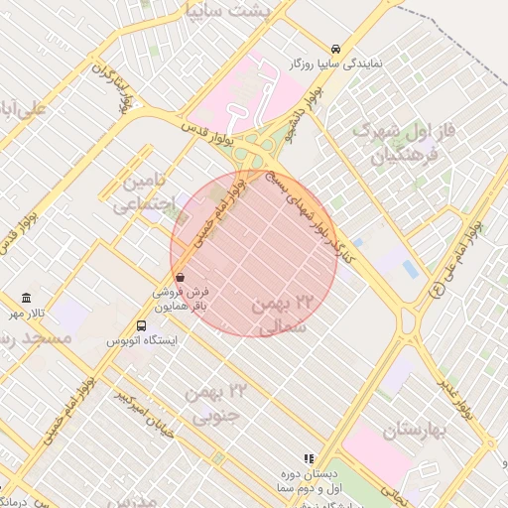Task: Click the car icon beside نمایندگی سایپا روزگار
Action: coord(337,48)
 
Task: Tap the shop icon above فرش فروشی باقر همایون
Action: coord(180,277)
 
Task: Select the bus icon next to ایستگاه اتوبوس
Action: coord(142,324)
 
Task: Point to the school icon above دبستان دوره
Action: coord(309,458)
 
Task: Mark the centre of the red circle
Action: coord(254,254)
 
